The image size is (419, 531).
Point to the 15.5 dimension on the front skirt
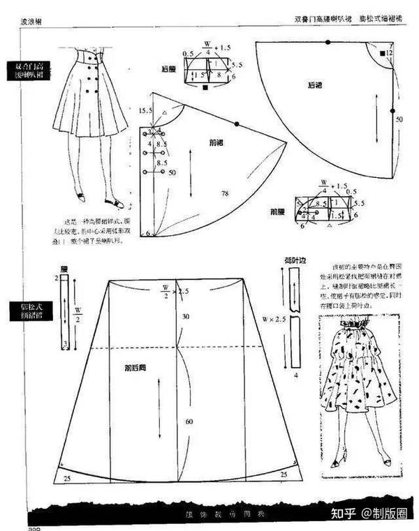point(145,111)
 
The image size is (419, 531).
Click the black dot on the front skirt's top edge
point(237,124)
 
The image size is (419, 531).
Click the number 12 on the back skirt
point(390,53)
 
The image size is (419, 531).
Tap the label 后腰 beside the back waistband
point(168,69)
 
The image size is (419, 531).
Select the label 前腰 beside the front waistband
point(278,210)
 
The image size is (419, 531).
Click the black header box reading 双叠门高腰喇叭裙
point(29,70)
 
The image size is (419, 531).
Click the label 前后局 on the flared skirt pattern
point(135,367)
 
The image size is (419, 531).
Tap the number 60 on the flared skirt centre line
point(188,421)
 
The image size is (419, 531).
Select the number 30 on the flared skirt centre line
point(186,317)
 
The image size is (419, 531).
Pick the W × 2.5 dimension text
point(274,320)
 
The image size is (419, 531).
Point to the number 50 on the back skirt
point(399,119)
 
